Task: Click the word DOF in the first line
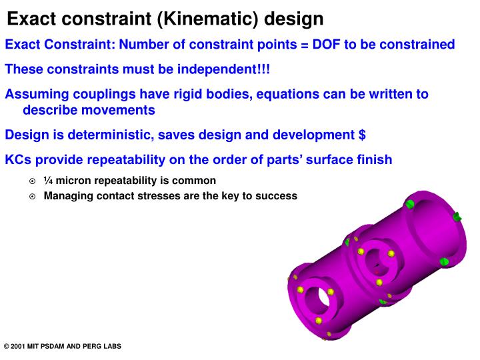click(x=327, y=45)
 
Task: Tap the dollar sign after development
click(x=361, y=135)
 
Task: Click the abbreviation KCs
click(x=19, y=160)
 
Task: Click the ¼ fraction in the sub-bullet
click(x=48, y=181)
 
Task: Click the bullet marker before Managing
click(x=33, y=196)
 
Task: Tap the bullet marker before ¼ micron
click(x=33, y=181)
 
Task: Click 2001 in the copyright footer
click(x=21, y=347)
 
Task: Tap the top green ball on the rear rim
click(x=411, y=203)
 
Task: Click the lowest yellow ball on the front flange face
click(x=319, y=321)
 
